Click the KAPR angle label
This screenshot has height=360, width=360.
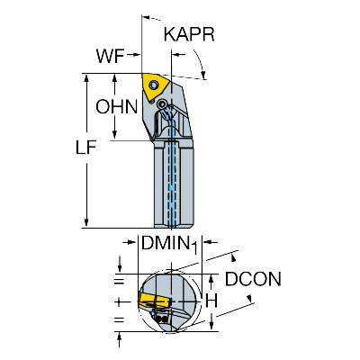[x=189, y=34]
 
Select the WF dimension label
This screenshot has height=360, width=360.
[x=110, y=56]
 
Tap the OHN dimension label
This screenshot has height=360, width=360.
[x=117, y=106]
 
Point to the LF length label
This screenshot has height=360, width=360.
[x=85, y=148]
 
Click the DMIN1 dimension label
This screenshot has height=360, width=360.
[x=170, y=244]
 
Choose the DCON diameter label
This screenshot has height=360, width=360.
[x=253, y=279]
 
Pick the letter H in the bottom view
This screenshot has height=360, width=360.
[x=211, y=301]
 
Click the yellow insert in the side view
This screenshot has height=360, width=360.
[x=155, y=87]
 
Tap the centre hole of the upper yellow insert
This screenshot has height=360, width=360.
[x=154, y=85]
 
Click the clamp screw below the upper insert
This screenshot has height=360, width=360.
[x=162, y=104]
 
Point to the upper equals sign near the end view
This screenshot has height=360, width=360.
[x=119, y=282]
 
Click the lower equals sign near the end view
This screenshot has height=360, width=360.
[x=119, y=319]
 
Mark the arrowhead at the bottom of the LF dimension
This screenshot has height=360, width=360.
[x=86, y=222]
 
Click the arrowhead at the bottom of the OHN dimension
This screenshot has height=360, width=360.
[x=115, y=135]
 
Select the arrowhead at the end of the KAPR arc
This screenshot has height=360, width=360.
[x=203, y=74]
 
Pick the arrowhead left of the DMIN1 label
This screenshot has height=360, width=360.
[x=132, y=242]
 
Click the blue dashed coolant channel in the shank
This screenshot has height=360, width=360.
[x=172, y=168]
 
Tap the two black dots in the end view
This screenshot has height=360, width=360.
[x=162, y=319]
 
